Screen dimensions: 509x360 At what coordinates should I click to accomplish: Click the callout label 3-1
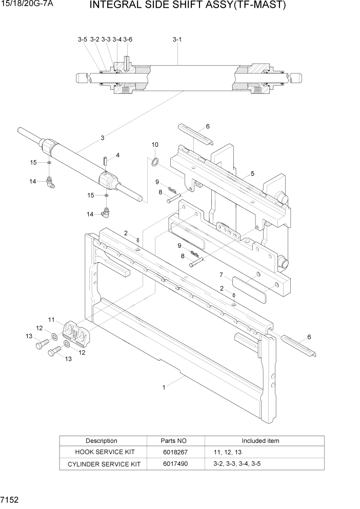tap(177, 40)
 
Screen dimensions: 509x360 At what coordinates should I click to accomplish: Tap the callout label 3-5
tap(83, 40)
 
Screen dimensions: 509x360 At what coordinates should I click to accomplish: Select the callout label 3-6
tap(128, 40)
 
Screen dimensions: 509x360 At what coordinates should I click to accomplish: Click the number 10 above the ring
tap(155, 145)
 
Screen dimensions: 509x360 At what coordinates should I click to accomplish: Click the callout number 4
tap(117, 155)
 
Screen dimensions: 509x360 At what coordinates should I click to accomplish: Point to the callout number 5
tap(252, 174)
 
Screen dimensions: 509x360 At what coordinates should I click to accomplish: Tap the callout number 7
tap(221, 275)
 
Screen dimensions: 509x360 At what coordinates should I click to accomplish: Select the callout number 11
tap(52, 320)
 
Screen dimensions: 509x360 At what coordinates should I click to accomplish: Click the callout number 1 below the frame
tap(164, 387)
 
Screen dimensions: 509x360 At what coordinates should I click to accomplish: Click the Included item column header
tap(261, 441)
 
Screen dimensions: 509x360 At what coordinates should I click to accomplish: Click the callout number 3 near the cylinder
tap(103, 138)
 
